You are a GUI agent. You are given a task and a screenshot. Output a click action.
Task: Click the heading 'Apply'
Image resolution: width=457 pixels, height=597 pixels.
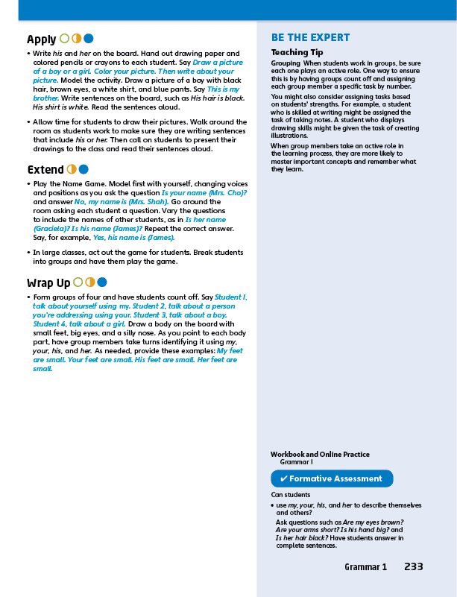[x=41, y=39]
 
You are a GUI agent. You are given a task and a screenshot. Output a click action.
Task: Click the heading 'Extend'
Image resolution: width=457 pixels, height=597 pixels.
[x=45, y=169]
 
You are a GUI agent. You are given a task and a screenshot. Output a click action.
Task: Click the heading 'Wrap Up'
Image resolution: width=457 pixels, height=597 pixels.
[x=48, y=282]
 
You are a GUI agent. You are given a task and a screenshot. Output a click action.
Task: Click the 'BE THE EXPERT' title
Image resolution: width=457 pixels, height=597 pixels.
[x=310, y=38]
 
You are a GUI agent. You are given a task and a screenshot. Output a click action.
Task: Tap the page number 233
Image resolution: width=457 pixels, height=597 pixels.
[x=414, y=566]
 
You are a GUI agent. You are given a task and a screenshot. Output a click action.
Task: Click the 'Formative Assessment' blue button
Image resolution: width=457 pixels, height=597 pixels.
[x=332, y=478]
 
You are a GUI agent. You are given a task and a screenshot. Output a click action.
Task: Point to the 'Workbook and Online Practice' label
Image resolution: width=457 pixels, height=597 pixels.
[x=320, y=455]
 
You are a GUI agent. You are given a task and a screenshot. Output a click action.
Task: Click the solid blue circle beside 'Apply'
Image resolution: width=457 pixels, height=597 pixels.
[x=88, y=39]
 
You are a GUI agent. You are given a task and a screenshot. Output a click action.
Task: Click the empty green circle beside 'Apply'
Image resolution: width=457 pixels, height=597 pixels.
[x=64, y=39]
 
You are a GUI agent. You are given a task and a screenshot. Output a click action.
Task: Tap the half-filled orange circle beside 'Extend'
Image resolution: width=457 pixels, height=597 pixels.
[x=72, y=169]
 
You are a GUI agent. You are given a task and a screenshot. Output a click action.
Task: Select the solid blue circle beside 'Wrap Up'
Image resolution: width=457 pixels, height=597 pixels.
[x=101, y=282]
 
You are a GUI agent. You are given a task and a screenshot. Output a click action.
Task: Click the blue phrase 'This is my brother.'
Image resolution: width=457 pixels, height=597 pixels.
[x=224, y=89]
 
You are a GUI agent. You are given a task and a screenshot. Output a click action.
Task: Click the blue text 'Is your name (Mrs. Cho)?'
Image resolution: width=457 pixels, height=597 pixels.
[x=204, y=192]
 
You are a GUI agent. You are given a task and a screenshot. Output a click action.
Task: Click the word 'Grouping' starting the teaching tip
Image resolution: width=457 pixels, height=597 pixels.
[x=285, y=63]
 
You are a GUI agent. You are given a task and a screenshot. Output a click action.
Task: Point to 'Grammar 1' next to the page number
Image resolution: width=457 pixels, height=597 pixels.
[x=365, y=567]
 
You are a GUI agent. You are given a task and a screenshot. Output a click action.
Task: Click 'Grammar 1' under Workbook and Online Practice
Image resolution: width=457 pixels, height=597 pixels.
[x=295, y=463]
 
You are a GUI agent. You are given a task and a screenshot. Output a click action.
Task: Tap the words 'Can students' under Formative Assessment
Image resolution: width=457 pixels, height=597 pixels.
[x=290, y=494]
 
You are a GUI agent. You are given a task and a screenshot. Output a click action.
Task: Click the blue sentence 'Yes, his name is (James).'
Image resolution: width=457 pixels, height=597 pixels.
[x=131, y=238]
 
